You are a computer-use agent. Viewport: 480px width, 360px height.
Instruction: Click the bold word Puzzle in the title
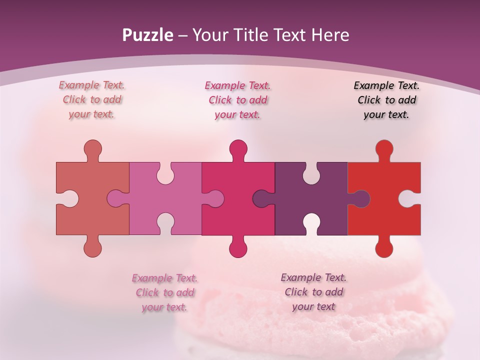point(148,35)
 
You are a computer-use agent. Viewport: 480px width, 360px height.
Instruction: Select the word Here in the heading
point(330,35)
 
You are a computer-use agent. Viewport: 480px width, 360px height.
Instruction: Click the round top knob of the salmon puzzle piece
point(92,148)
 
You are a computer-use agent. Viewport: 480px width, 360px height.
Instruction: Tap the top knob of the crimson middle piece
point(238,148)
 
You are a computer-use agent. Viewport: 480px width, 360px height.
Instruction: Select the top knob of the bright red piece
point(384,148)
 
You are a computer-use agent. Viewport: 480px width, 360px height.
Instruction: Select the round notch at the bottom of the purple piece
point(311,222)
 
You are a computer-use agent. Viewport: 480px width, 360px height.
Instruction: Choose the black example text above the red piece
point(386,100)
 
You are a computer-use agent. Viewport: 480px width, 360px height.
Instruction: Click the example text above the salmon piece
point(92,100)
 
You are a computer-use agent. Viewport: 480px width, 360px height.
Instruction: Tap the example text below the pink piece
point(164,292)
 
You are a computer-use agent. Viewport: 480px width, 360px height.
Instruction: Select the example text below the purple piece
point(313,292)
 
